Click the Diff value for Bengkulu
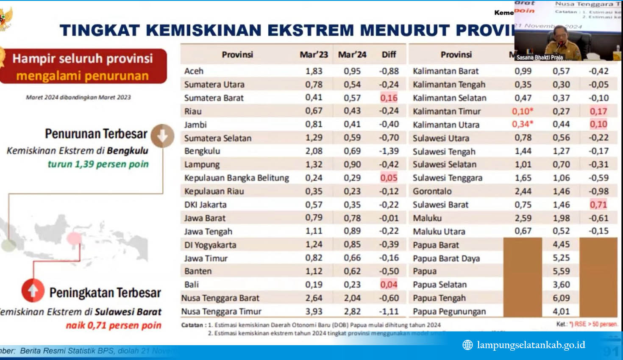pyautogui.click(x=389, y=151)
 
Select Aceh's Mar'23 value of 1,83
pyautogui.click(x=314, y=71)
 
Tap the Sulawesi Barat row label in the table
pyautogui.click(x=440, y=205)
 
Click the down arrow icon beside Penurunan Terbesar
pyautogui.click(x=162, y=136)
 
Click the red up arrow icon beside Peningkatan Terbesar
pyautogui.click(x=33, y=291)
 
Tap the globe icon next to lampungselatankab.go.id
pyautogui.click(x=467, y=345)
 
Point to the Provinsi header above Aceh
pyautogui.click(x=237, y=55)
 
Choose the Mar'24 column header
pyautogui.click(x=352, y=55)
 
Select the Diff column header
pyautogui.click(x=389, y=55)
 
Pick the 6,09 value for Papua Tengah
pyautogui.click(x=561, y=298)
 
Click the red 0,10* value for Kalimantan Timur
pyautogui.click(x=523, y=111)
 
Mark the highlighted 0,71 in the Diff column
pyautogui.click(x=598, y=205)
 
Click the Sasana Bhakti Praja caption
pyautogui.click(x=540, y=57)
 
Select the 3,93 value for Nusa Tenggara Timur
pyautogui.click(x=314, y=312)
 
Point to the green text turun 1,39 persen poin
pyautogui.click(x=98, y=164)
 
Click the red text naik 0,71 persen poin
pyautogui.click(x=114, y=325)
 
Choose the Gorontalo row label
pyautogui.click(x=432, y=191)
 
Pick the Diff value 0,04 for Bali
pyautogui.click(x=389, y=285)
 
